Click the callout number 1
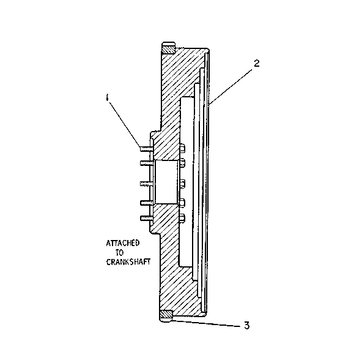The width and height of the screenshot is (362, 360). pyautogui.click(x=107, y=97)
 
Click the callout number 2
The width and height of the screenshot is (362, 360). pyautogui.click(x=256, y=63)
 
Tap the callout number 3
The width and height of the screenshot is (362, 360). pyautogui.click(x=246, y=325)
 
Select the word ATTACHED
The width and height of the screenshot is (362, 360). pyautogui.click(x=122, y=243)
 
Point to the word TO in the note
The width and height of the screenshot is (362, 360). pyautogui.click(x=119, y=253)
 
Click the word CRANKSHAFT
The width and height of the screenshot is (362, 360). pyautogui.click(x=128, y=262)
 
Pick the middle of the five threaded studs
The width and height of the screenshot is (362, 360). pyautogui.click(x=146, y=184)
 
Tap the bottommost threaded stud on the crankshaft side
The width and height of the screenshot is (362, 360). pyautogui.click(x=146, y=218)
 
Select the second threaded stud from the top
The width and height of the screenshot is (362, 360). pyautogui.click(x=146, y=163)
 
